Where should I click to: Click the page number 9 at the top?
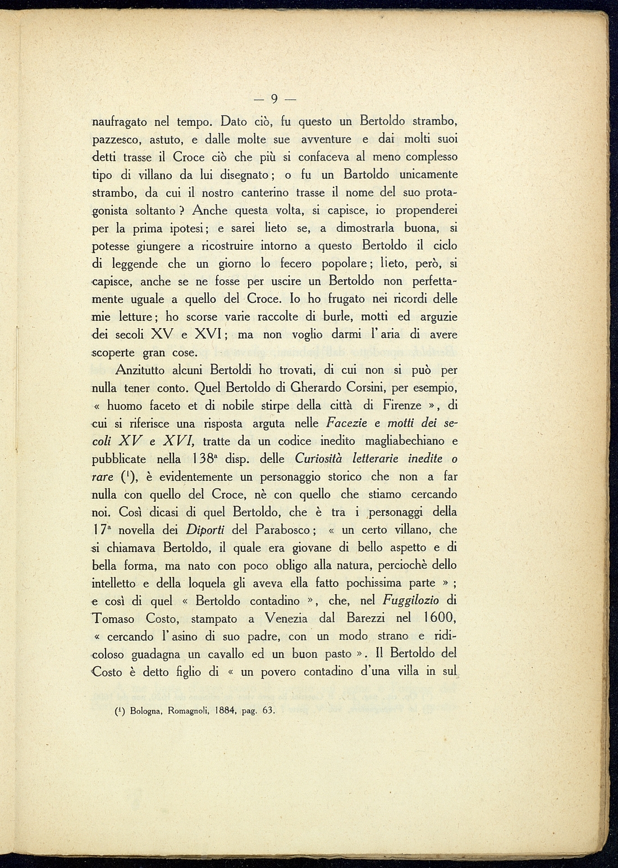coord(274,99)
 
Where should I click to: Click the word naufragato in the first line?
coord(119,121)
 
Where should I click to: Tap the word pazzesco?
coord(117,140)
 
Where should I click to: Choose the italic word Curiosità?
coord(319,459)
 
